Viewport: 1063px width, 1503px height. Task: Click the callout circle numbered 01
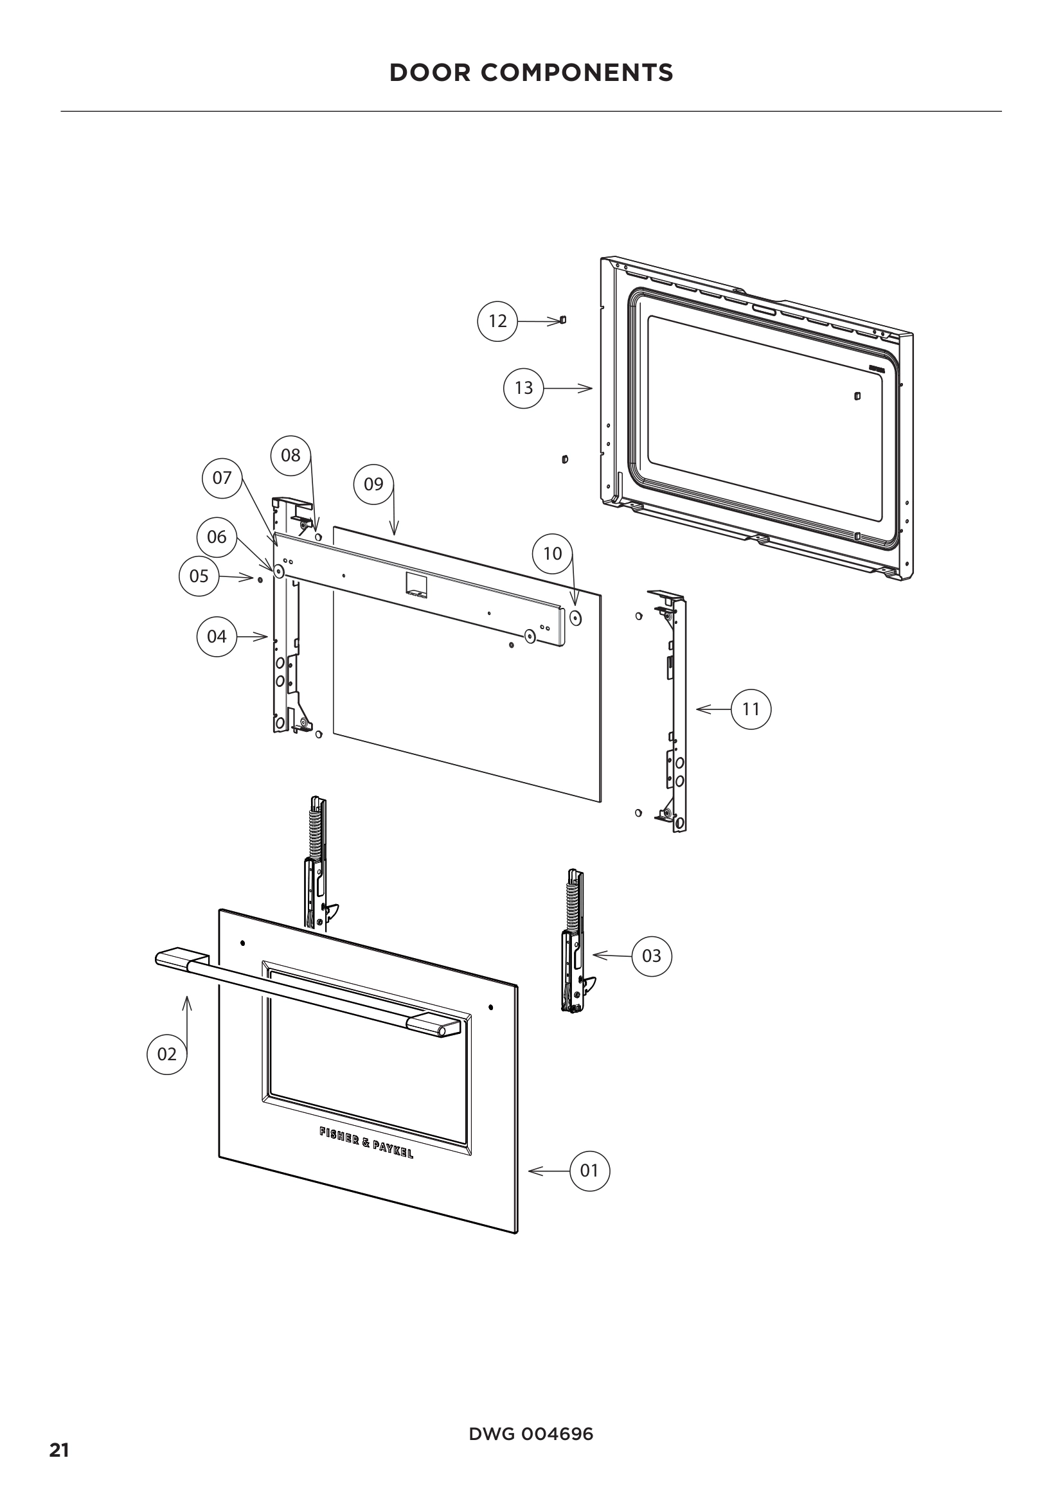(590, 1170)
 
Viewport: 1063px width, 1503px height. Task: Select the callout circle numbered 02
(167, 1054)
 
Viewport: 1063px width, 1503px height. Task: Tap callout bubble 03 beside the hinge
(651, 956)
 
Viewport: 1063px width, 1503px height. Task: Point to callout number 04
(217, 636)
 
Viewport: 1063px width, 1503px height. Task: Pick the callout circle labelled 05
(199, 576)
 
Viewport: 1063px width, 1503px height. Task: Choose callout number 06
(217, 537)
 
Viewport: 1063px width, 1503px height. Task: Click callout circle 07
(222, 478)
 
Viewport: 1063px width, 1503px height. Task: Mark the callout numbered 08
(290, 455)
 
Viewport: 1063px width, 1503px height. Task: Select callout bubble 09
(374, 485)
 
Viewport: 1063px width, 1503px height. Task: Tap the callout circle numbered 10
(553, 554)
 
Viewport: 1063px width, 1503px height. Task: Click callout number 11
(751, 709)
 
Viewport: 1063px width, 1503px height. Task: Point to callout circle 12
(497, 321)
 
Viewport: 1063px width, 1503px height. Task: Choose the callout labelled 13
(524, 388)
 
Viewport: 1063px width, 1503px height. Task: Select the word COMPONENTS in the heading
(576, 73)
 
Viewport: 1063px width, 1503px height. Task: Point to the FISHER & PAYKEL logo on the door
(366, 1143)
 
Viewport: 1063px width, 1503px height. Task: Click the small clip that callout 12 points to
(562, 320)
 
